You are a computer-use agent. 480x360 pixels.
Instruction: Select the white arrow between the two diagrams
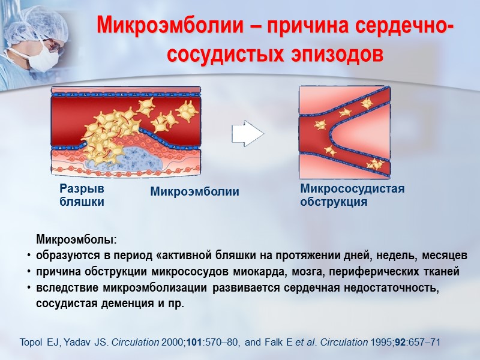[248, 133]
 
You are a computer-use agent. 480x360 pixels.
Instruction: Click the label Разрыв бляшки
[82, 195]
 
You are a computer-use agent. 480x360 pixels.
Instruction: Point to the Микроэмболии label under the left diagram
[194, 192]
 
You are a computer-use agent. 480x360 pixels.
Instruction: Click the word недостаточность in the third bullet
[392, 288]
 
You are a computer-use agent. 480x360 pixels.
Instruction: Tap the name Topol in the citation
[32, 343]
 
